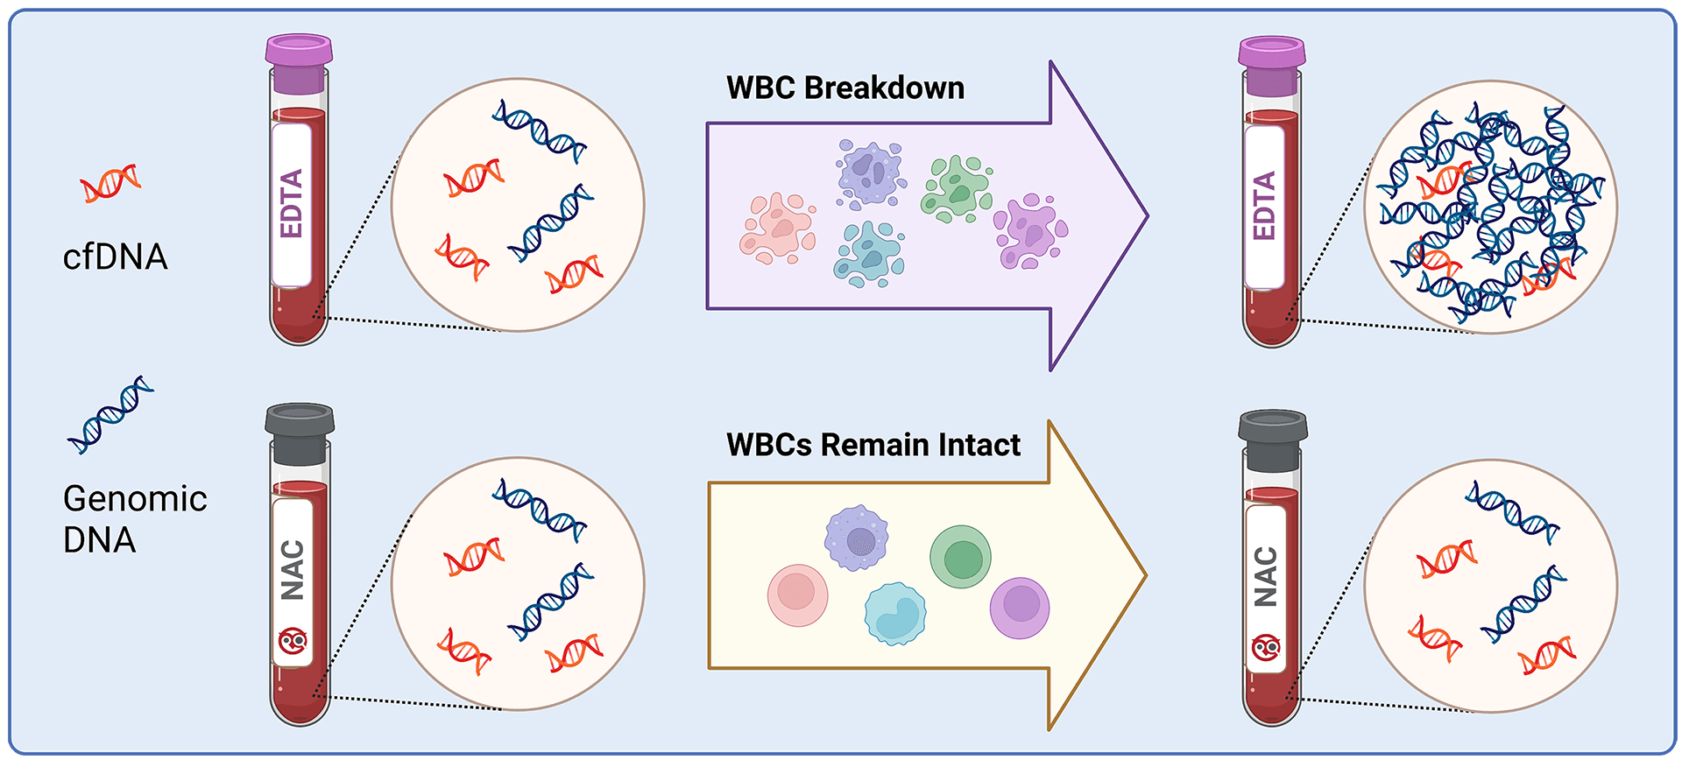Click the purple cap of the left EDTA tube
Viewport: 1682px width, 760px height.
[299, 51]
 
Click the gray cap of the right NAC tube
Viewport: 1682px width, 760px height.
[1273, 426]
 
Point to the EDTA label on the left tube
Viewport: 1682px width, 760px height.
[291, 204]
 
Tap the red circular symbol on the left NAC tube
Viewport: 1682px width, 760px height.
[293, 642]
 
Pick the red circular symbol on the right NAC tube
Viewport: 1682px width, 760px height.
[1266, 649]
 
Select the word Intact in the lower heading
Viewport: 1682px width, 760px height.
[979, 445]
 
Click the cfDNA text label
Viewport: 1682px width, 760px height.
[115, 257]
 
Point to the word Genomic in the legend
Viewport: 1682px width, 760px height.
[135, 499]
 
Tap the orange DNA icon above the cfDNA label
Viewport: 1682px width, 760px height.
[110, 182]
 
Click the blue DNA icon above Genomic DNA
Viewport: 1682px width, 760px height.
[110, 414]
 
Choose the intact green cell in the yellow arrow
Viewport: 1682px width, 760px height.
[960, 557]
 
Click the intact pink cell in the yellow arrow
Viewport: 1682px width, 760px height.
[797, 595]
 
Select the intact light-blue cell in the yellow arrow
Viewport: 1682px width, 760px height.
[894, 614]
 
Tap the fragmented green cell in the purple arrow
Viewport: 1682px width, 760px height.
[956, 189]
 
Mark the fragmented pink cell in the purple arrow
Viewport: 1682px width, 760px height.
[777, 229]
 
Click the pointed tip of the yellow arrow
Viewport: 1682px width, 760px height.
[1144, 575]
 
